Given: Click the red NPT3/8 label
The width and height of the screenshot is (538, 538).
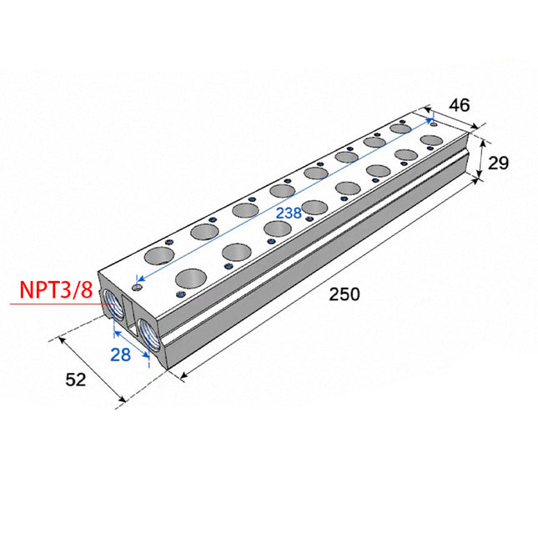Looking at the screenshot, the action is [56, 289].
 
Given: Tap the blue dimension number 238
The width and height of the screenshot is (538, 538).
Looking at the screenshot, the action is [289, 213].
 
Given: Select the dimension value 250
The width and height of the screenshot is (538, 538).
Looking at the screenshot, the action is [344, 294].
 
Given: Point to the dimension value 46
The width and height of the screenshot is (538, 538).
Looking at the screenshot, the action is [460, 105].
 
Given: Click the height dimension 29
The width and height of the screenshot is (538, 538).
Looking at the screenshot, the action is [498, 163].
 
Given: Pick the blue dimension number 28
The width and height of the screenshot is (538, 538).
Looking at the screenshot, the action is [120, 354].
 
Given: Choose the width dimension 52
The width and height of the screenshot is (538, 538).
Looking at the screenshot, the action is [75, 380].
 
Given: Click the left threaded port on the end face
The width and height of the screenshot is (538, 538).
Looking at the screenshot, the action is [113, 304].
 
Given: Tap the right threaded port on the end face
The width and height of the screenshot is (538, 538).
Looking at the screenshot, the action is [149, 334].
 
